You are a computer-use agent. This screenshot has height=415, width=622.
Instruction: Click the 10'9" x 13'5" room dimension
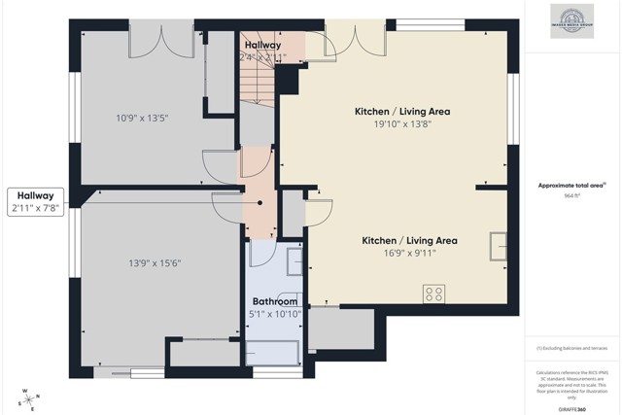coord(142,119)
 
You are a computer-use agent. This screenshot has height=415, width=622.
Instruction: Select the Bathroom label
coord(275,301)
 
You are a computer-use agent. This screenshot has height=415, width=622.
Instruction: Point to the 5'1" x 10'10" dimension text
coord(275,313)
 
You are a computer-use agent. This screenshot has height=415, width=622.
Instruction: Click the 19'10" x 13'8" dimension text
coord(401,123)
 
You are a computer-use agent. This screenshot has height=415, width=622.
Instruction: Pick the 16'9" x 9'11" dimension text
coord(409,253)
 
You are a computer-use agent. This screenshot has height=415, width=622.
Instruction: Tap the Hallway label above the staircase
coord(262,45)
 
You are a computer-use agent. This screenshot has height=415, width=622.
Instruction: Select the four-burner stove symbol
coord(434,293)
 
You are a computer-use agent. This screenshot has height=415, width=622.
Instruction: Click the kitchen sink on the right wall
coord(499,246)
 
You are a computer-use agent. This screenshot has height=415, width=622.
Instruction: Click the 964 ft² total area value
coord(573,195)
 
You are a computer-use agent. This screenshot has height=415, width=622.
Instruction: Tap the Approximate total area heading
coord(572,185)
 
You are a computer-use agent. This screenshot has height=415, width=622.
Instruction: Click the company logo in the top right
coord(572,20)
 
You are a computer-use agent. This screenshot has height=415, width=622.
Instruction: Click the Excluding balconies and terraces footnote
coord(572,347)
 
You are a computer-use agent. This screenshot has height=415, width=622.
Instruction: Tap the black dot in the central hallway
coord(259,202)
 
